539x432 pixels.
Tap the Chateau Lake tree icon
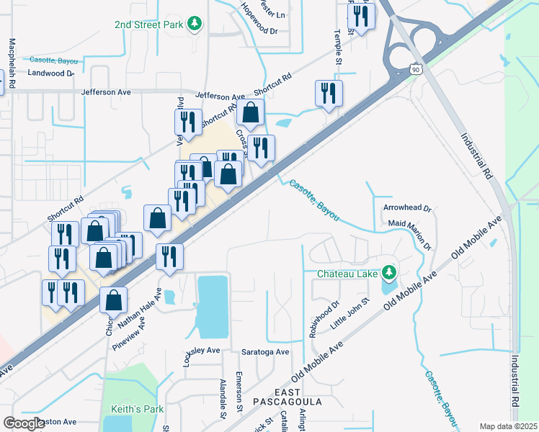(389, 273)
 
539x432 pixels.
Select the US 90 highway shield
(415, 69)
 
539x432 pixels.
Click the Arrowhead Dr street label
(407, 208)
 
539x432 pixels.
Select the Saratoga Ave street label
(265, 352)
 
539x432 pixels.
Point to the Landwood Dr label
(51, 73)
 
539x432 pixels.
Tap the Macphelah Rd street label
(11, 62)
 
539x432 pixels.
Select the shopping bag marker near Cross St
(250, 114)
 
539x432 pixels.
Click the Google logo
(24, 423)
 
